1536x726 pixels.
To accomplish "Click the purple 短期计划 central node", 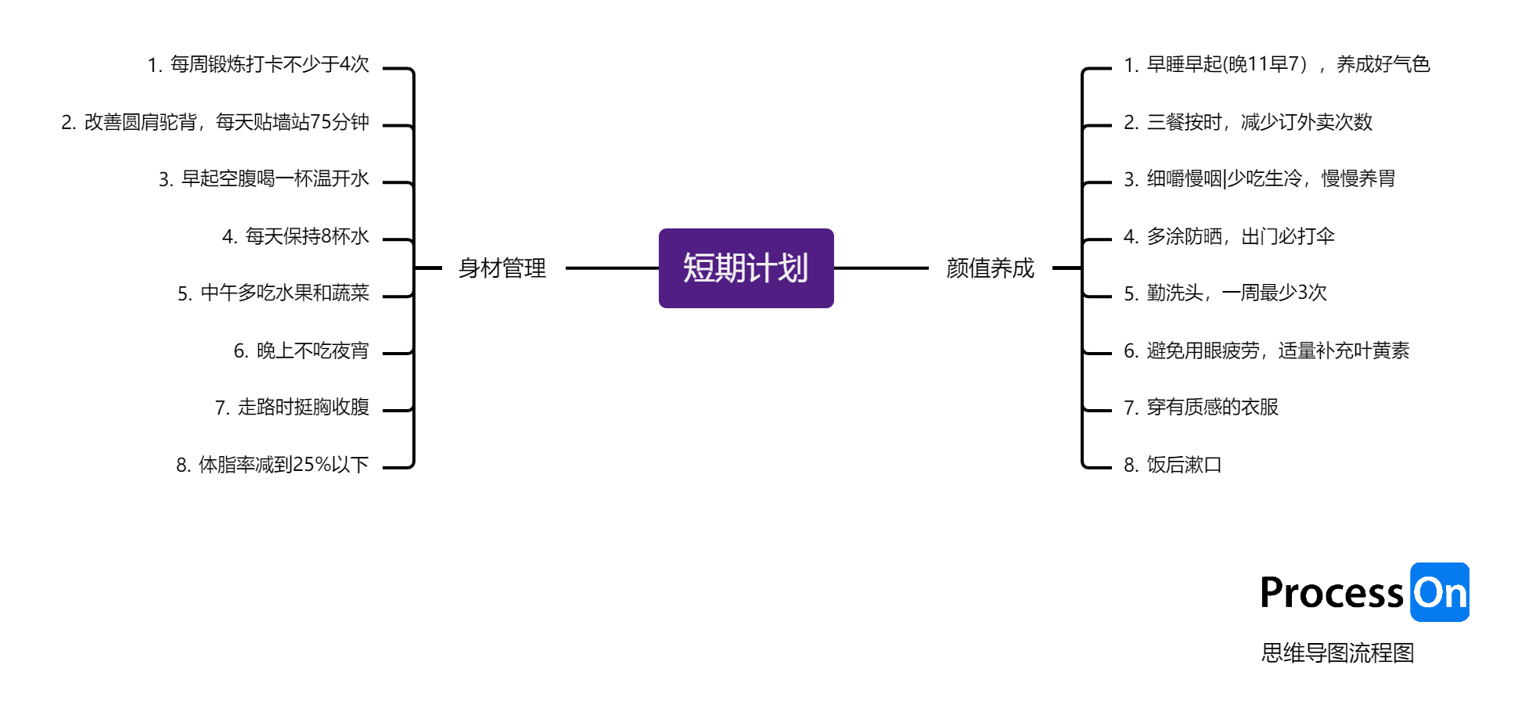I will (746, 268).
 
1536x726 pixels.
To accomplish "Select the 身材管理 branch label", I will (502, 268).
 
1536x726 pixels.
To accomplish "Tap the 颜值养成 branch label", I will (990, 268).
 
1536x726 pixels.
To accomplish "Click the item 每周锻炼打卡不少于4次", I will (258, 64).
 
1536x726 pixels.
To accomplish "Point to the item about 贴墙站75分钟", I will (215, 122).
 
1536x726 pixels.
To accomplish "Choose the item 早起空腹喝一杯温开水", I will (264, 179).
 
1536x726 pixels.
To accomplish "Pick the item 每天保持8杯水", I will (296, 236).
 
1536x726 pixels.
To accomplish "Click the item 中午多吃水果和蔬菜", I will (273, 293).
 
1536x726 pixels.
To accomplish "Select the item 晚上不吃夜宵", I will (301, 350).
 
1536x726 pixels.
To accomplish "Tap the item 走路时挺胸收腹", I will (292, 408).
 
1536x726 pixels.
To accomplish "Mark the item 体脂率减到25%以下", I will (272, 465).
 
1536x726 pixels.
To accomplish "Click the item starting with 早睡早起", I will (1276, 64).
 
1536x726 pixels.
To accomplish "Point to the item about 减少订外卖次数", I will (1248, 122).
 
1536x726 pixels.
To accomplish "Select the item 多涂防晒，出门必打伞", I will (1229, 236).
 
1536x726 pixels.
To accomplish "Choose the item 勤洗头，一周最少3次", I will (1225, 293).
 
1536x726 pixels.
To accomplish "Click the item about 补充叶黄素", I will (1266, 350).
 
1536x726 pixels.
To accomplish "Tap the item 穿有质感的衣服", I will (1201, 408).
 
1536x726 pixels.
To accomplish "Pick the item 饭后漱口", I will (1173, 465).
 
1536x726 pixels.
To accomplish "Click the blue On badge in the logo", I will (1440, 592).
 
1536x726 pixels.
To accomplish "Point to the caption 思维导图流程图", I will (1337, 652).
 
